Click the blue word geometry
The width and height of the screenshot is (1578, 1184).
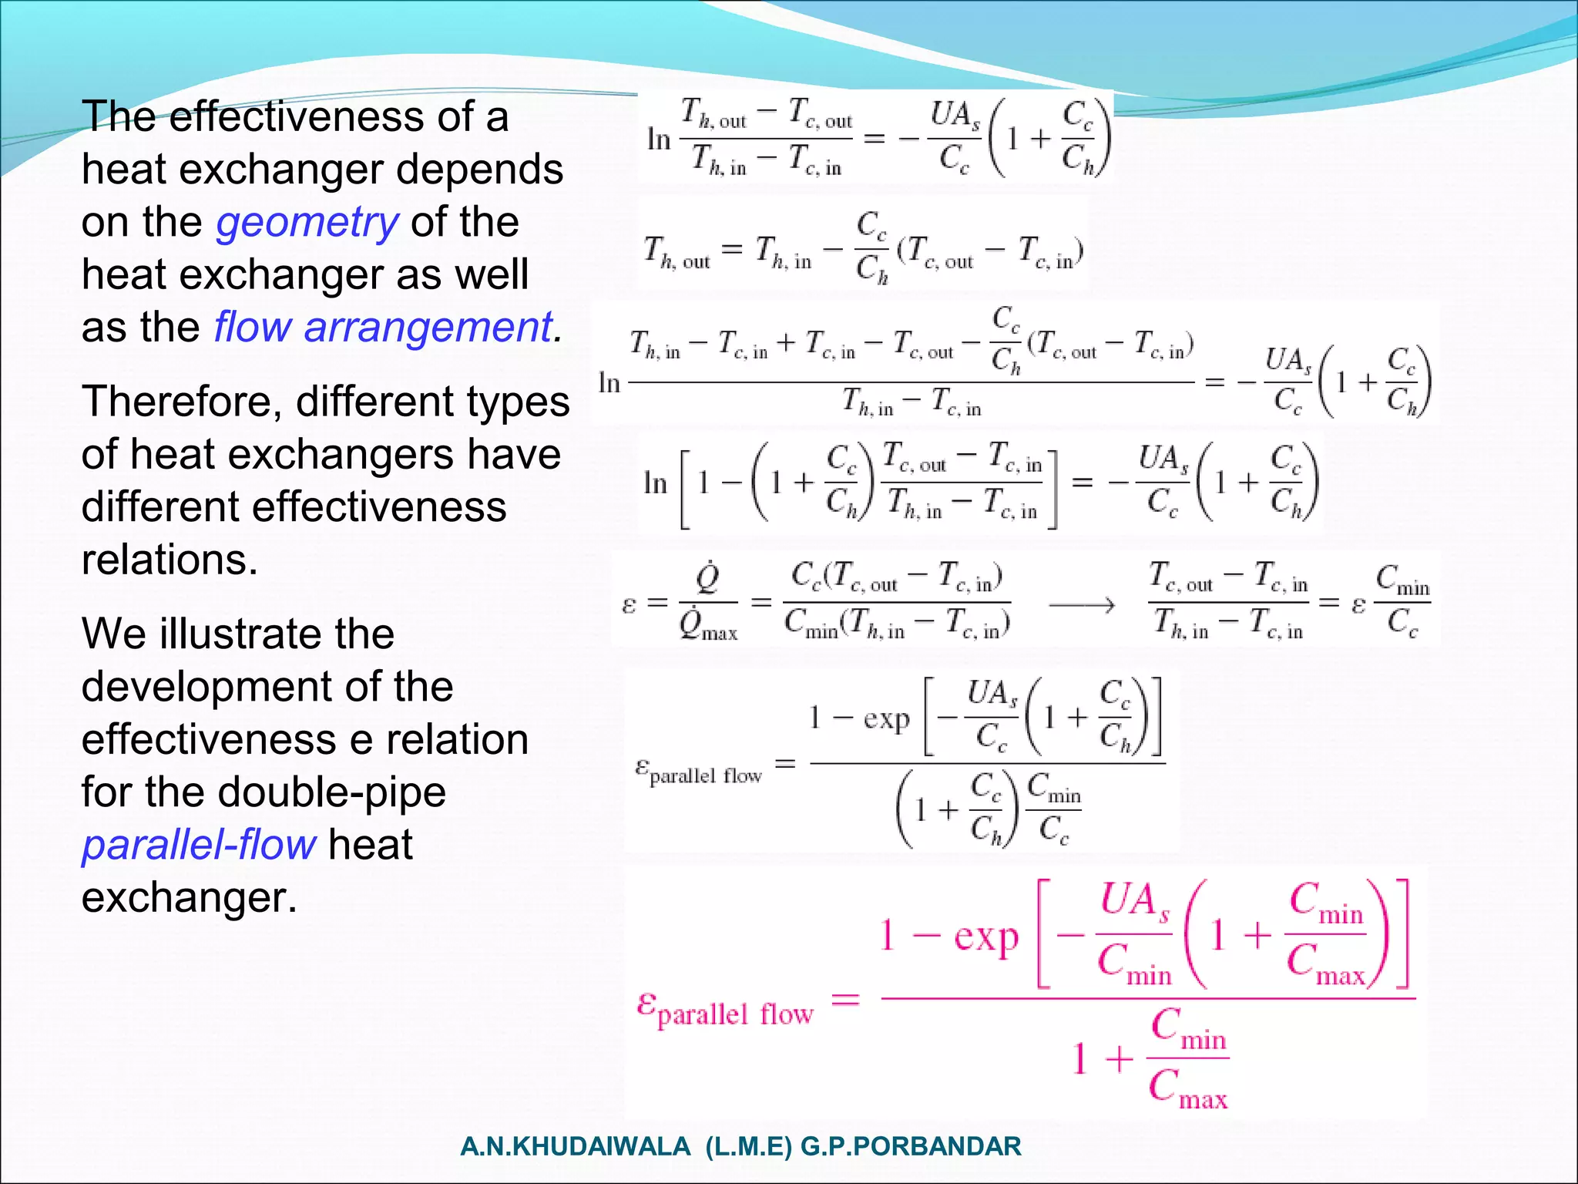[x=307, y=223]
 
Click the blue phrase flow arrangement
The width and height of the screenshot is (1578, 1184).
[x=383, y=328]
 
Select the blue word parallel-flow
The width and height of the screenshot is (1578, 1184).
[x=198, y=845]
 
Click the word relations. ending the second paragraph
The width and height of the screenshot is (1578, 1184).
[x=170, y=560]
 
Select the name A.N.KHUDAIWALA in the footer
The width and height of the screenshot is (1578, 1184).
[x=575, y=1147]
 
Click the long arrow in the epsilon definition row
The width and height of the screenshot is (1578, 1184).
[x=1081, y=606]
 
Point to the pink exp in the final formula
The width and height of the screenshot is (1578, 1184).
[x=986, y=937]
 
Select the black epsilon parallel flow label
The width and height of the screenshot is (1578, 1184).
[x=698, y=770]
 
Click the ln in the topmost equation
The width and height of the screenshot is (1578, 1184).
[x=659, y=140]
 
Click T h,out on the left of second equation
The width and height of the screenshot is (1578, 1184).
[x=676, y=251]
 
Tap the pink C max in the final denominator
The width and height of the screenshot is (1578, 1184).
[x=1187, y=1088]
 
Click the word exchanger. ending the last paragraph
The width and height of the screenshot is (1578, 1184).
[x=189, y=898]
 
